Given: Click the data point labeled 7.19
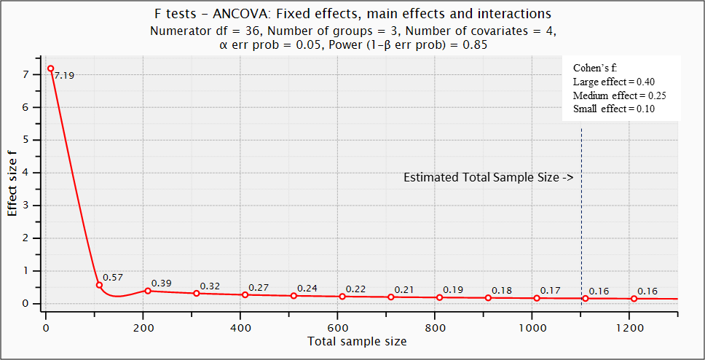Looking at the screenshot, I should (x=50, y=69).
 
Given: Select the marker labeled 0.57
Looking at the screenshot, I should (x=99, y=285).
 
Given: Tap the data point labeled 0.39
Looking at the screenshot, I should (x=148, y=291).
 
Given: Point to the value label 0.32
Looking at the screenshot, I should (x=210, y=286).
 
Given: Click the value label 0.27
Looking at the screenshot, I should (x=259, y=288).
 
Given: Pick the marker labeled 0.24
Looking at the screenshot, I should (x=294, y=295).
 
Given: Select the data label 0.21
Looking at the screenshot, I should (x=404, y=290).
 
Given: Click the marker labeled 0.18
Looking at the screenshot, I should (x=488, y=297).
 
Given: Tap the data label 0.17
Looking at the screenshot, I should (x=550, y=291).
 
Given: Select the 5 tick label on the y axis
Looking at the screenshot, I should (x=25, y=140).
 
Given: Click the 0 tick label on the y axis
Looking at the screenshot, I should (x=25, y=304).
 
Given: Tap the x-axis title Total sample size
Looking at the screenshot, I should (x=357, y=341).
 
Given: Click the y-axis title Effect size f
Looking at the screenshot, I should (x=12, y=182).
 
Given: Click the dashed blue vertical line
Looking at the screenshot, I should (x=581, y=219).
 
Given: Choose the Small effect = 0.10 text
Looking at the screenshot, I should (x=614, y=109).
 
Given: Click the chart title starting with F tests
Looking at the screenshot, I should (x=353, y=14).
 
